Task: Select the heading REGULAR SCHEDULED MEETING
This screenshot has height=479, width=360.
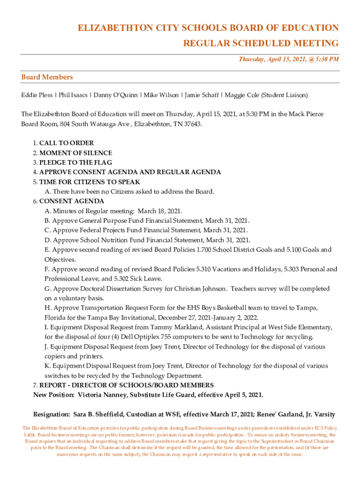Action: [260, 44]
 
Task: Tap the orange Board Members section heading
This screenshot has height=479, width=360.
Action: [47, 77]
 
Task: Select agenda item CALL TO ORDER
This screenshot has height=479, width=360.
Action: [66, 143]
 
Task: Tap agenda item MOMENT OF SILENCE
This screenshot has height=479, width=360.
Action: [76, 153]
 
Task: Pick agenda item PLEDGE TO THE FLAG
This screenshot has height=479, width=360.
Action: [76, 163]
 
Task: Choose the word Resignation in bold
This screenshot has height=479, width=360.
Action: [51, 414]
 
